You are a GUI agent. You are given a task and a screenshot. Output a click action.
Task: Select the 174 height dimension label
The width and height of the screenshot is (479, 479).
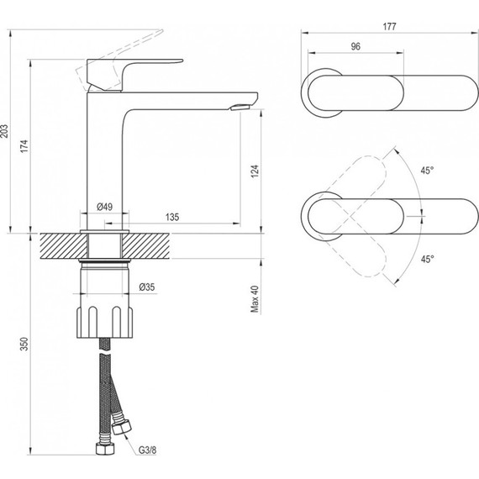point(24,146)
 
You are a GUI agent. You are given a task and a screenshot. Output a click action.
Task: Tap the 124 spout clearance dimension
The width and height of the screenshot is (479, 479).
point(255,171)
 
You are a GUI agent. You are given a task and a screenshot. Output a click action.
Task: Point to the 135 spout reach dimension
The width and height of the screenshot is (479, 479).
point(172,217)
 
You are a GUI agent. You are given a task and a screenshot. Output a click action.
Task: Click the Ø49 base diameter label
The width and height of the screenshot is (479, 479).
point(104,207)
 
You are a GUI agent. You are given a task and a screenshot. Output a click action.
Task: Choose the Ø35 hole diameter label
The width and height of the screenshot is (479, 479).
point(147,287)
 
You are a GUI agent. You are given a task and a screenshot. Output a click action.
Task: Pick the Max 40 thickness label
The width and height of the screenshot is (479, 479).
point(255,299)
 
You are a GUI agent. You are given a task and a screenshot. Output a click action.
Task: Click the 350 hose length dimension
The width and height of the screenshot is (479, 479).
point(24,344)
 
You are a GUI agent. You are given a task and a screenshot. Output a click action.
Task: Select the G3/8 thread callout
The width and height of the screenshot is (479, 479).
point(147,450)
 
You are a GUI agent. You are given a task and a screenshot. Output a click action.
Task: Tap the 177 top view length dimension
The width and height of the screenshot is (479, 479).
point(389,27)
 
